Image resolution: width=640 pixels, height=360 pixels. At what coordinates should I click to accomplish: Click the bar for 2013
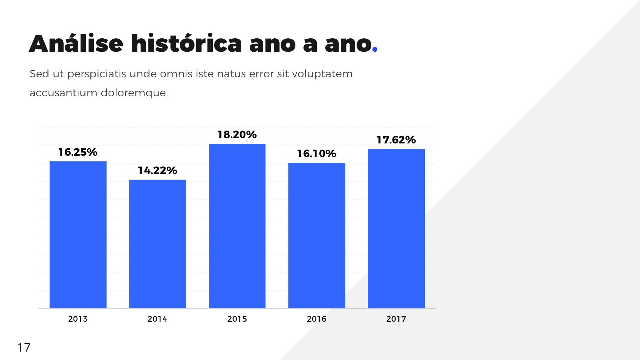78,235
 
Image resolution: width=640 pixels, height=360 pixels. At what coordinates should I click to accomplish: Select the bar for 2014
157,244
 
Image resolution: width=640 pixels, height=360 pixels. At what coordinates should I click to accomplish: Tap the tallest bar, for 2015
237,226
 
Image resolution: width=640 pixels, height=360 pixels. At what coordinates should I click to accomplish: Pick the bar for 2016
316,236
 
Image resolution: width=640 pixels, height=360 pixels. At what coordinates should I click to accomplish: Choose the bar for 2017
396,229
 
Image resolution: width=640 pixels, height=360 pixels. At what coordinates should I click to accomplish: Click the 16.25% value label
78,152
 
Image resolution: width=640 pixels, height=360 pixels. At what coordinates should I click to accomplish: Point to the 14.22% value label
157,171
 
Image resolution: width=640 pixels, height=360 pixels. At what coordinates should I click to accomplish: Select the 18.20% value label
237,135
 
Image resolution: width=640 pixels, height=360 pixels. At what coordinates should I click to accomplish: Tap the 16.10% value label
316,154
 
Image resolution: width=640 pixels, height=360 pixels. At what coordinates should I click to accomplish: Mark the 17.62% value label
396,140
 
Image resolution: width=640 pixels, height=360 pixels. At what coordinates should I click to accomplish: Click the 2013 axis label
78,319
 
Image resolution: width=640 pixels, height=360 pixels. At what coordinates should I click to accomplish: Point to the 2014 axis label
157,319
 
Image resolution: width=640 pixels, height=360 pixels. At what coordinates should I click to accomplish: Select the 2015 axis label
237,319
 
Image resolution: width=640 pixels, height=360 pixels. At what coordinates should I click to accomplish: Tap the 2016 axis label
316,319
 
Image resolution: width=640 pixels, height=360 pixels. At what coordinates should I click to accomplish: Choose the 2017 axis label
396,319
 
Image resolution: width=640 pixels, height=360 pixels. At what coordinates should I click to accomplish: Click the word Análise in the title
76,44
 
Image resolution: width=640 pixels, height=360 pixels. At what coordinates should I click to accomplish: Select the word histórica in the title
186,44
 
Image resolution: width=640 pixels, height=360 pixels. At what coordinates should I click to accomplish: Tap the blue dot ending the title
375,50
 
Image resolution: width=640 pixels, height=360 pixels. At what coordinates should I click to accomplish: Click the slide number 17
24,347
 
